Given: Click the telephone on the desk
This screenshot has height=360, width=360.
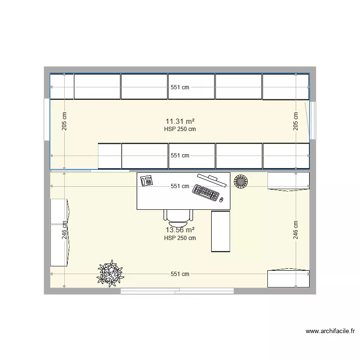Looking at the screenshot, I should [x=146, y=180].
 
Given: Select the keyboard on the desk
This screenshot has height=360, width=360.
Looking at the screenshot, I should [x=206, y=193].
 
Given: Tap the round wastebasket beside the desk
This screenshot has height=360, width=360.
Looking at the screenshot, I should [x=240, y=181].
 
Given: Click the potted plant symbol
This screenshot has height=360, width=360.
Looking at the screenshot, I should [x=109, y=273].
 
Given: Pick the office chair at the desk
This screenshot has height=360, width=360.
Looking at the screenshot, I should [x=179, y=217].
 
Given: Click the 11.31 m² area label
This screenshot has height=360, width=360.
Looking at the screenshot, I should [x=180, y=121].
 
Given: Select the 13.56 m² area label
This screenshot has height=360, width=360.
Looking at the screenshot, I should [x=180, y=230].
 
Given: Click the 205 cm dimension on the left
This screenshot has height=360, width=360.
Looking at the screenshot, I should [x=65, y=121].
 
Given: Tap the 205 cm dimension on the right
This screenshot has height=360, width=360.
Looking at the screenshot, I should [x=296, y=121].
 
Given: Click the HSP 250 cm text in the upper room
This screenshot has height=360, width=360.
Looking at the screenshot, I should [x=180, y=129].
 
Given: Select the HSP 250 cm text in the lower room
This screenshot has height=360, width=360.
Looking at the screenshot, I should [x=180, y=238].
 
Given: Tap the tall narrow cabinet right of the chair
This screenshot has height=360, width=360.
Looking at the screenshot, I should [x=221, y=231].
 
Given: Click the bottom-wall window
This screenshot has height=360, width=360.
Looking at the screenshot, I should [x=177, y=291].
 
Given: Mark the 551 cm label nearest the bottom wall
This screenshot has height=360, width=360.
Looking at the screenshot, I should [x=180, y=274].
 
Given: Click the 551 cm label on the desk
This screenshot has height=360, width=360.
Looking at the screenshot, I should [x=180, y=186].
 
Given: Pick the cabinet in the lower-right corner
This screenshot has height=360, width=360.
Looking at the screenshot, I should [x=288, y=278].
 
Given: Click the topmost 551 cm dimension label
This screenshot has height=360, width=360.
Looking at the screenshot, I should [x=180, y=87].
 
